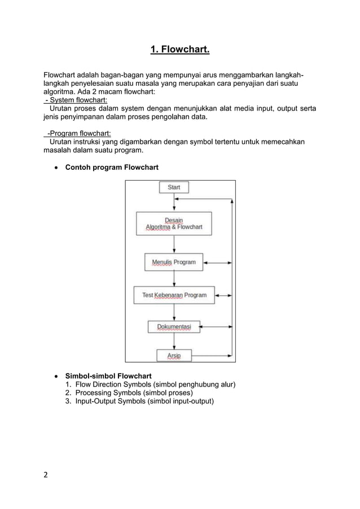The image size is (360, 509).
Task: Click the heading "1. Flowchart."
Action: [180, 52]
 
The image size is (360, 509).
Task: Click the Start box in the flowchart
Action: [174, 186]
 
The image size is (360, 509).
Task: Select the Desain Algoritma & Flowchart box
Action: [174, 223]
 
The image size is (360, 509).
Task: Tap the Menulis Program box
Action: [174, 262]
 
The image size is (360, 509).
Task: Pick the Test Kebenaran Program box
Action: [174, 295]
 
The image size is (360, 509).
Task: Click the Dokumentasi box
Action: [174, 326]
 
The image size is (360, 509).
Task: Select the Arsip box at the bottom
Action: [174, 356]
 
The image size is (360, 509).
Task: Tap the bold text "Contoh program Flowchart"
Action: [112, 168]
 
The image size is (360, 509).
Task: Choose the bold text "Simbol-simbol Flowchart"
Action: [108, 376]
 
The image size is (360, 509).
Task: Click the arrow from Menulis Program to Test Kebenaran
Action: [174, 278]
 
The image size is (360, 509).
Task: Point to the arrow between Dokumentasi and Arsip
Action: [174, 341]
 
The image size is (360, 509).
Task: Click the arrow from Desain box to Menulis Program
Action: [174, 244]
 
